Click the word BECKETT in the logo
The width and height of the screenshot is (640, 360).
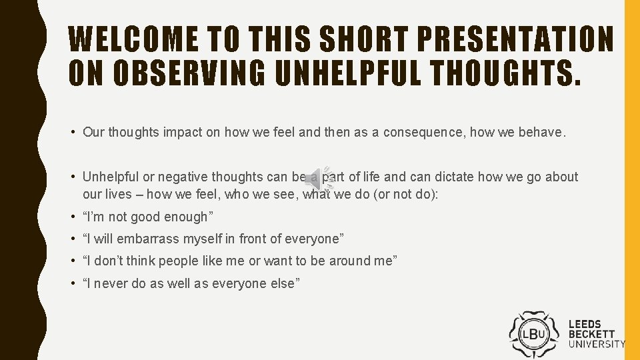pos(592,334)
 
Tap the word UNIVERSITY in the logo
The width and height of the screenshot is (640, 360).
pos(597,344)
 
